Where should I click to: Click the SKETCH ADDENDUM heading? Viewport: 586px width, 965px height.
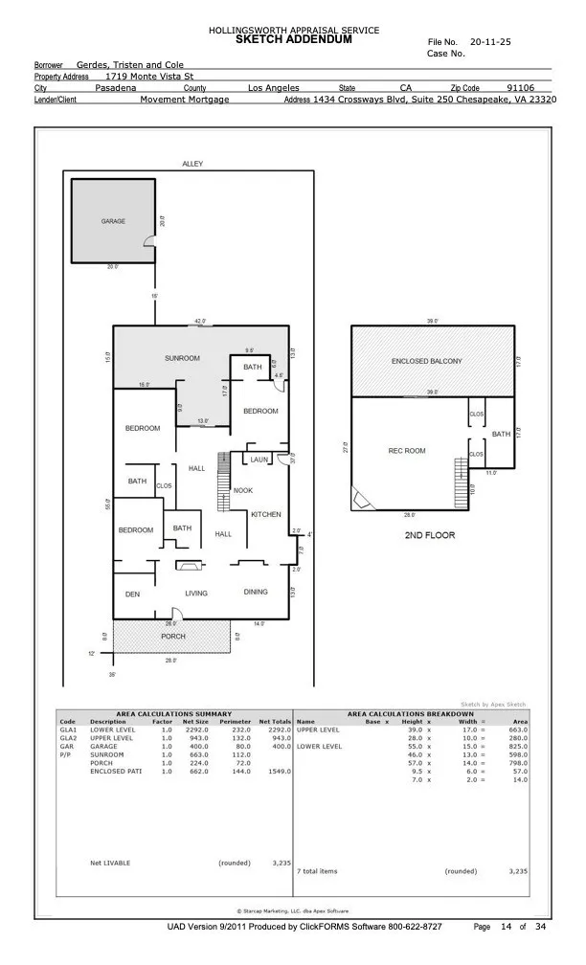tap(293, 40)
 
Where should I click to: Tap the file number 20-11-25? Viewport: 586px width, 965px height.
tap(490, 43)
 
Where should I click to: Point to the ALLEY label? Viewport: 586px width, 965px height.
tap(192, 165)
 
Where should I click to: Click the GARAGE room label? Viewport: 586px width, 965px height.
tap(113, 221)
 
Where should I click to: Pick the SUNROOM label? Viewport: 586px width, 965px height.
tap(181, 358)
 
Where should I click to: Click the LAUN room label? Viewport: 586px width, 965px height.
tap(259, 460)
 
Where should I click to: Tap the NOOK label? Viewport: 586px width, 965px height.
tap(243, 490)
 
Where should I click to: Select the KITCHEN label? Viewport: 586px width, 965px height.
tap(265, 514)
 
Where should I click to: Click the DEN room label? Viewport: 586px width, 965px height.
tap(132, 595)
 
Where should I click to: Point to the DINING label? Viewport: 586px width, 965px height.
tap(256, 593)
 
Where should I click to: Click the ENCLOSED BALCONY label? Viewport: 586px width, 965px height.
tap(426, 361)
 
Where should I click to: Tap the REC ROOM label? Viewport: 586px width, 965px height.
tap(407, 451)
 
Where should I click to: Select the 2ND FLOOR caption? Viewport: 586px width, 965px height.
tap(429, 535)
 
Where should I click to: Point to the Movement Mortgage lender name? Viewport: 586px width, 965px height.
tap(184, 99)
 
